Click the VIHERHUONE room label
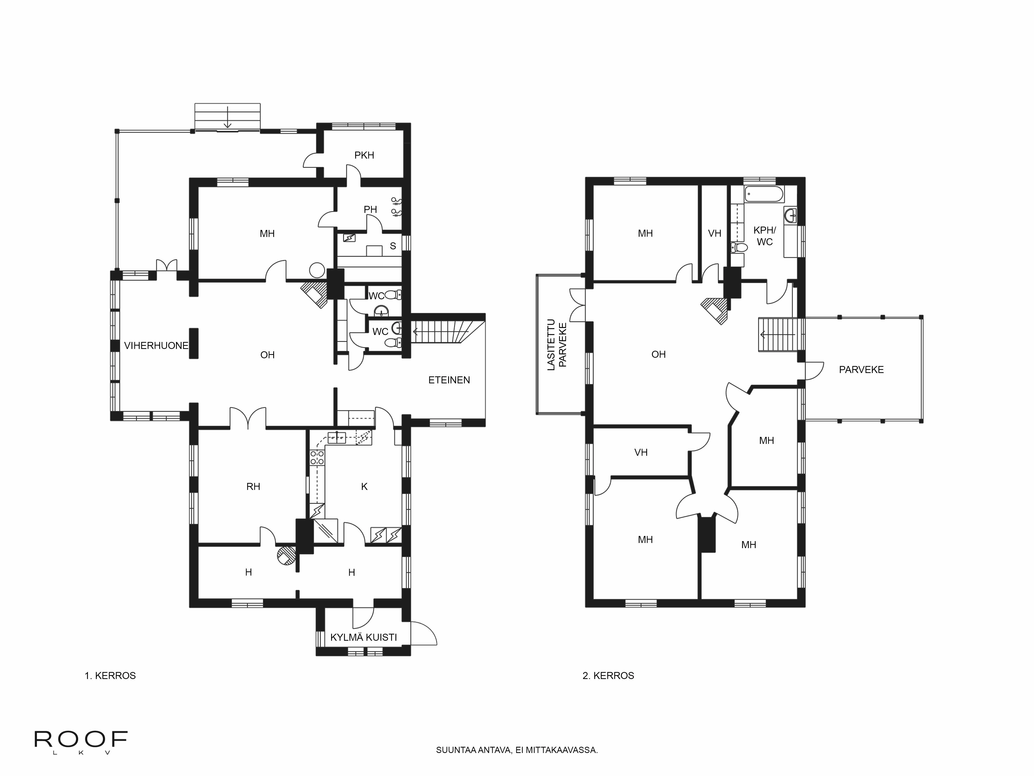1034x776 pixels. click(156, 346)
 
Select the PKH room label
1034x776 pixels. click(364, 155)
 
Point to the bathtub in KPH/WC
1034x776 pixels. click(764, 194)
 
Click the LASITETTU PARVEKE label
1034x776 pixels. click(557, 345)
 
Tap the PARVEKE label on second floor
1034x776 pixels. click(861, 370)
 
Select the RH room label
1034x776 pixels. click(253, 487)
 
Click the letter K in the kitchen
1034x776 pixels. click(364, 487)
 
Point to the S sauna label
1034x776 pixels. click(393, 246)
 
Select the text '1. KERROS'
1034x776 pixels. click(110, 675)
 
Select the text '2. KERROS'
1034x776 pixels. click(608, 675)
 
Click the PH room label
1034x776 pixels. click(370, 210)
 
